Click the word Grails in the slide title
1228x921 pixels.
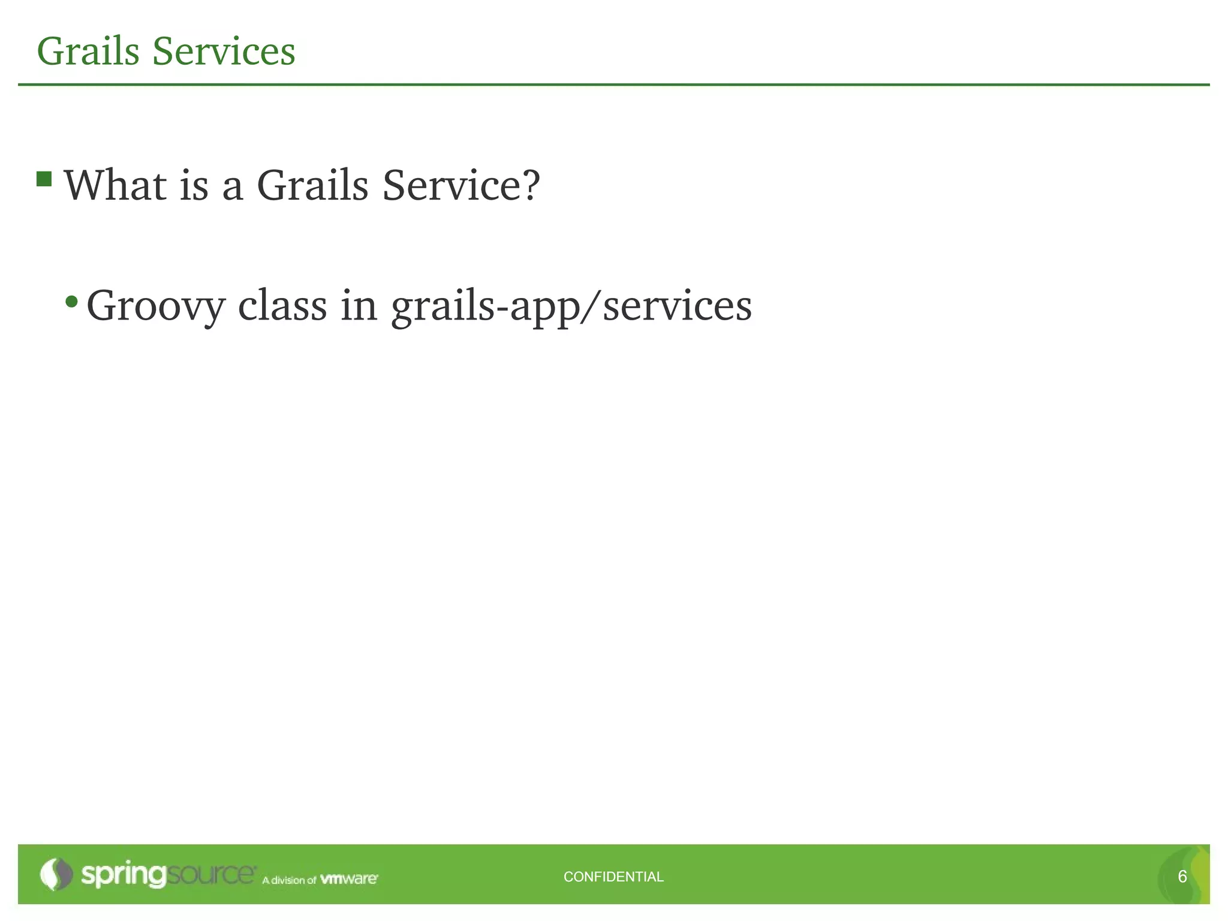(88, 51)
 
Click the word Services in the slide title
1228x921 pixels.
(224, 51)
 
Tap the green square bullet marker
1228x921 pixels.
(44, 179)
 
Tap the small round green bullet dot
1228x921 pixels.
(72, 301)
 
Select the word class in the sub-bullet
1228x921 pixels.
(282, 306)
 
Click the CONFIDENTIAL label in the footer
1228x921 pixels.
(613, 877)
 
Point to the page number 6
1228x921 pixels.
(1182, 877)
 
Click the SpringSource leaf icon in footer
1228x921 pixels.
(56, 874)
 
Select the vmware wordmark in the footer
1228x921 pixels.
(348, 879)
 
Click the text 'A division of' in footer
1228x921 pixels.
(288, 880)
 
